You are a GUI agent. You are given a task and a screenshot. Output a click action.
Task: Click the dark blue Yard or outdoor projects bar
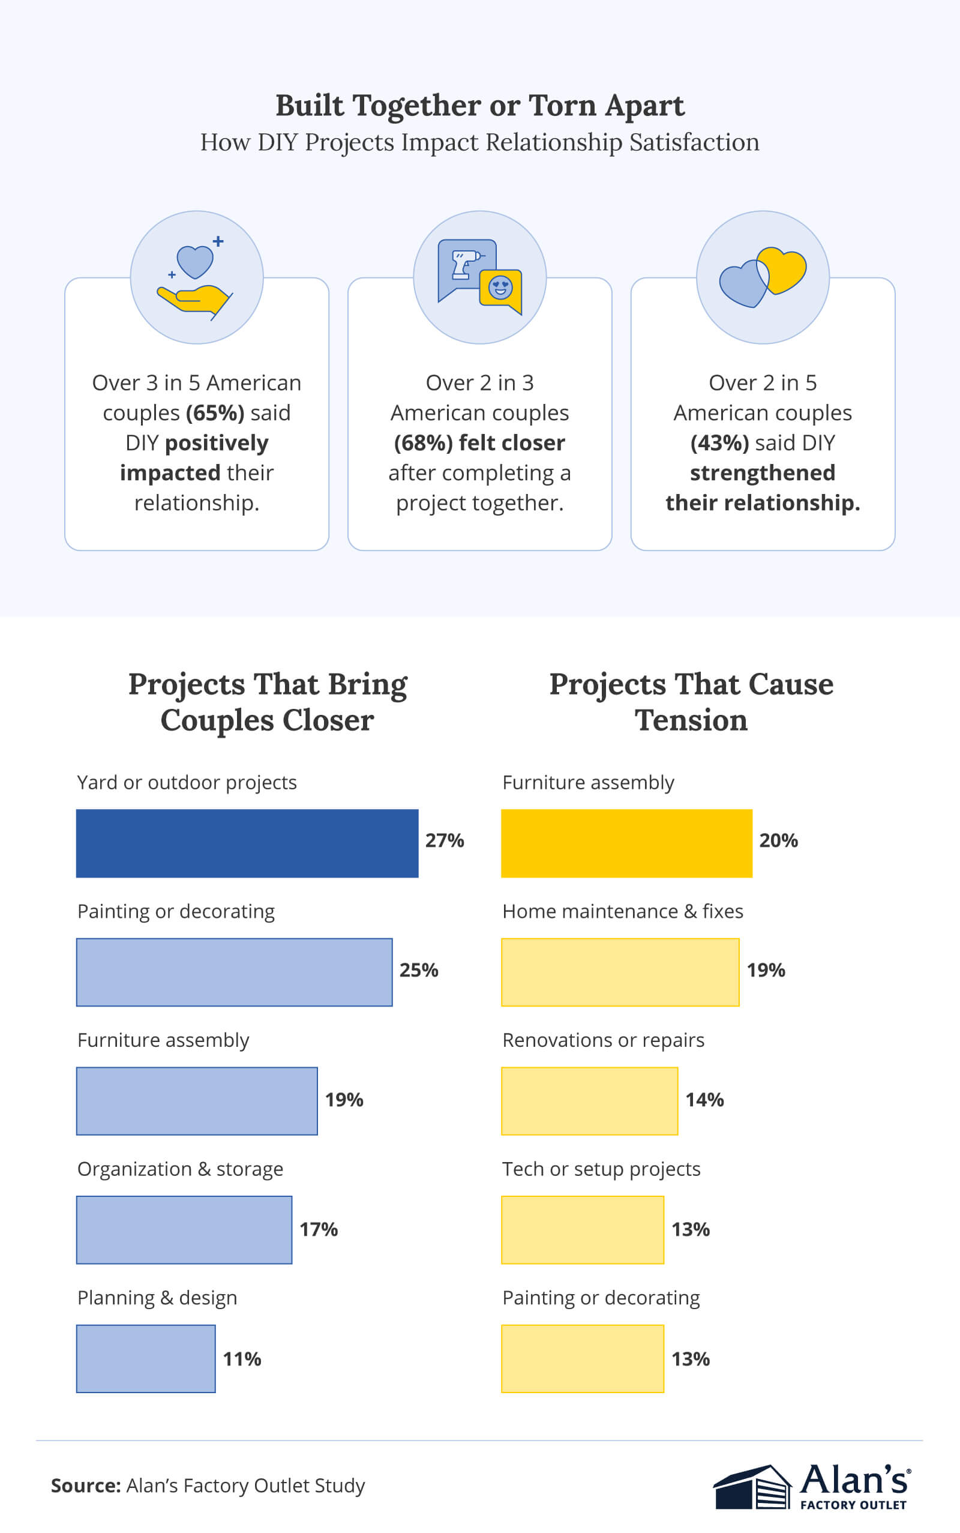pyautogui.click(x=247, y=843)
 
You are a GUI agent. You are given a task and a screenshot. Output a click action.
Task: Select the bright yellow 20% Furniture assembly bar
pyautogui.click(x=626, y=843)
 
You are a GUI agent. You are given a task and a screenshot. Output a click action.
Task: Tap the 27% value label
pyautogui.click(x=445, y=840)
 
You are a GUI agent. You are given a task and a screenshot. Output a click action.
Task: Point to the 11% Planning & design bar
pyautogui.click(x=145, y=1358)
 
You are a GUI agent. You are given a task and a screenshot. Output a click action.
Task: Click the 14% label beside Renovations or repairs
pyautogui.click(x=704, y=1099)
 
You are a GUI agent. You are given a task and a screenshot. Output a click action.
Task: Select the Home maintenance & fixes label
pyautogui.click(x=622, y=911)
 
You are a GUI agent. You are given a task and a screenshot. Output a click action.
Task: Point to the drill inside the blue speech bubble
pyautogui.click(x=465, y=265)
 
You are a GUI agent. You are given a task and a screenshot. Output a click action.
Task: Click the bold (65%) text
pyautogui.click(x=215, y=413)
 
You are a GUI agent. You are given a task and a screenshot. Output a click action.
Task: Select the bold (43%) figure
pyautogui.click(x=719, y=442)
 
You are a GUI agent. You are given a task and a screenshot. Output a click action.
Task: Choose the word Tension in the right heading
pyautogui.click(x=691, y=720)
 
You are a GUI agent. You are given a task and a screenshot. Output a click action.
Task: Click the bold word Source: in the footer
pyautogui.click(x=86, y=1486)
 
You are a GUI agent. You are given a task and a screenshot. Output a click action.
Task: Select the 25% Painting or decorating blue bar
pyautogui.click(x=234, y=972)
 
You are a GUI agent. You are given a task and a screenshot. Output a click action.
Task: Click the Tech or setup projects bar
pyautogui.click(x=582, y=1230)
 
